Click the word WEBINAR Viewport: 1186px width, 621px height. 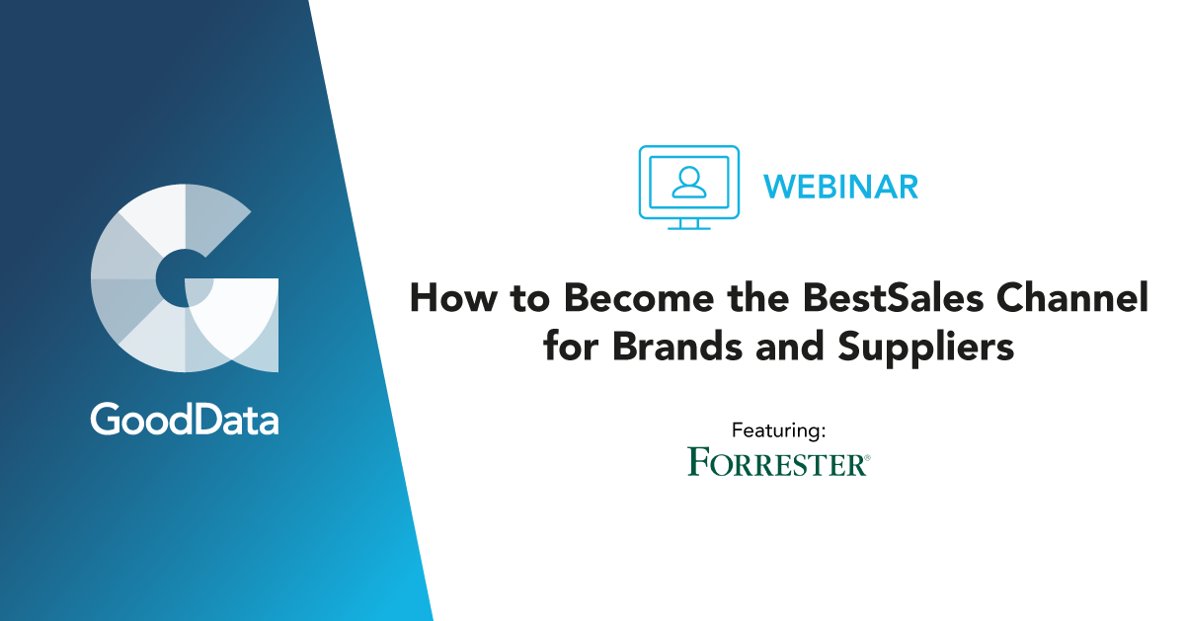pos(840,187)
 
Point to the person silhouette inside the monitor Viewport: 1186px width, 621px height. pos(689,182)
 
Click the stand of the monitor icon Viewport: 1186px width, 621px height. pos(689,224)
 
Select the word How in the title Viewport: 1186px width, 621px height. pos(453,297)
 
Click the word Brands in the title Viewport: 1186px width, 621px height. pos(677,346)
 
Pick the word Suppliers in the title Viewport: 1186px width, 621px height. pos(926,348)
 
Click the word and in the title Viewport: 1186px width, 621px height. pos(790,346)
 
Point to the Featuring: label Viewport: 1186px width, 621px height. pos(778,430)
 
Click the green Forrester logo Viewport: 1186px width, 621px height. pos(779,462)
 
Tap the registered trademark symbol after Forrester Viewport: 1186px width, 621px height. pos(867,457)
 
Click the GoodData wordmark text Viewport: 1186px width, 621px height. pos(185,419)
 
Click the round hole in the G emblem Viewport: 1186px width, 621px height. pos(184,278)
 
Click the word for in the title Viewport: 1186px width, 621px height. pos(571,346)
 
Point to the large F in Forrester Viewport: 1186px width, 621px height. pos(700,462)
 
